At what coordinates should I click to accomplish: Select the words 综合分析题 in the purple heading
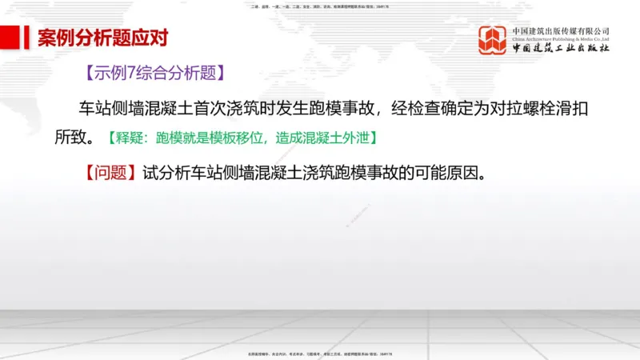pyautogui.click(x=175, y=74)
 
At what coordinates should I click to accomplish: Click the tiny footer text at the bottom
pyautogui.click(x=320, y=354)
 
